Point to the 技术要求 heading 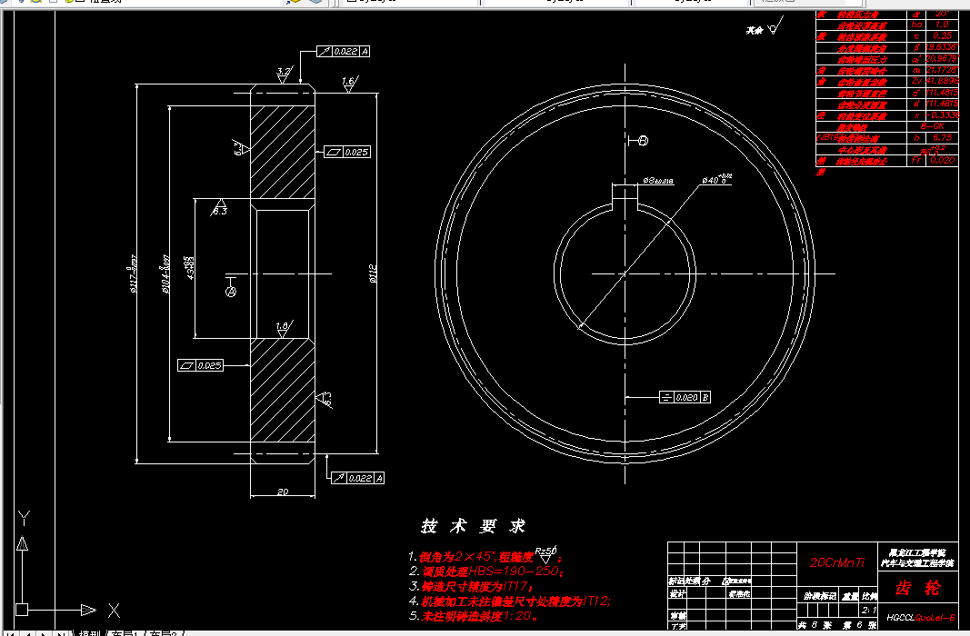click(x=473, y=526)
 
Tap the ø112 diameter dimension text click(x=372, y=273)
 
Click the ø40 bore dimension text click(x=717, y=180)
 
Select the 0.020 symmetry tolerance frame click(x=685, y=397)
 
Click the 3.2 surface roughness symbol click(x=284, y=73)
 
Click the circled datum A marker click(x=230, y=292)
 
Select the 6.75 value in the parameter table click(x=942, y=137)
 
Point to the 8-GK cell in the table click(x=936, y=125)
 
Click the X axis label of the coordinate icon click(x=114, y=610)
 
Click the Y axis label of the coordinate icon click(x=25, y=517)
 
